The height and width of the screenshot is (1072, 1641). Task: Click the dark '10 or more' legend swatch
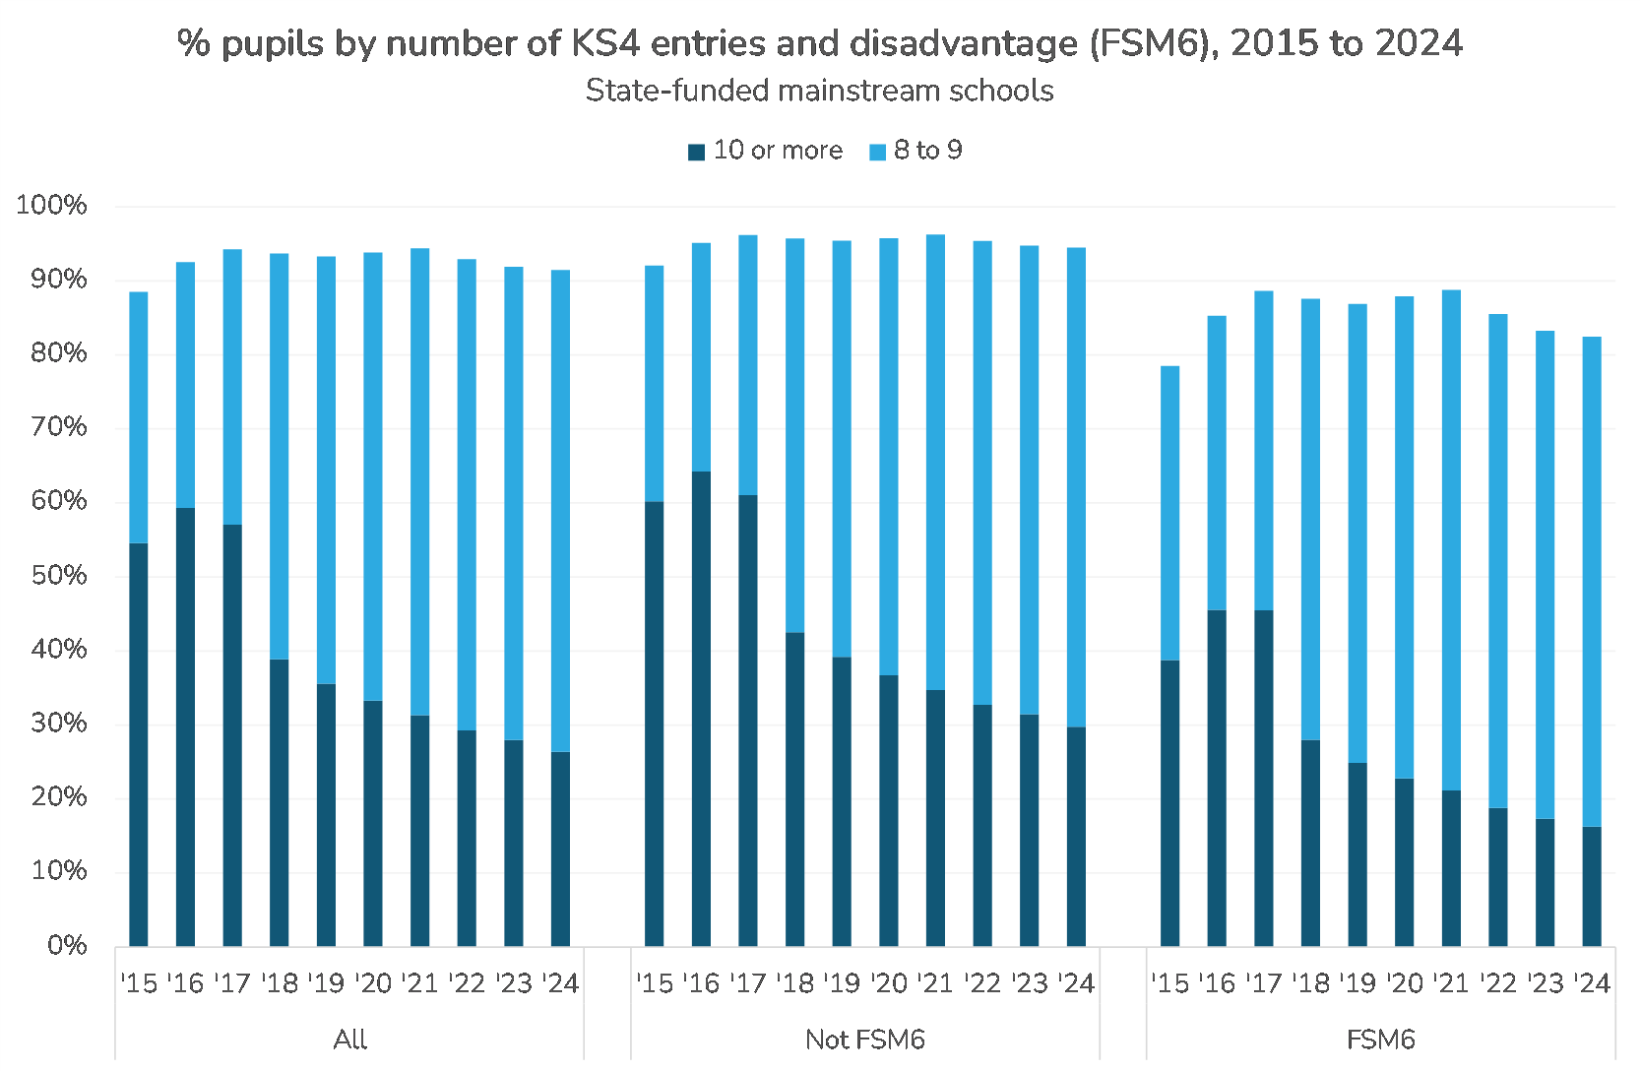tap(697, 152)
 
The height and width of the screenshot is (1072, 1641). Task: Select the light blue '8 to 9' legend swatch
tap(878, 152)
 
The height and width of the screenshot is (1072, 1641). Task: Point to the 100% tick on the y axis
tap(51, 206)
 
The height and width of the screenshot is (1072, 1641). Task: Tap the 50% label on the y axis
tap(58, 576)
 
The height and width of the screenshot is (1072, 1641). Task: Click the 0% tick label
tap(67, 946)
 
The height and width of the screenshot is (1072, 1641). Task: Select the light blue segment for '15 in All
tap(139, 417)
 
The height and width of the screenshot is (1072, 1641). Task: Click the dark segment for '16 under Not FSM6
tap(701, 709)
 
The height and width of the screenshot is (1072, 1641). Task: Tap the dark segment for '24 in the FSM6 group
tap(1592, 886)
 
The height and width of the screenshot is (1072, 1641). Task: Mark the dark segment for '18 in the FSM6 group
tap(1310, 843)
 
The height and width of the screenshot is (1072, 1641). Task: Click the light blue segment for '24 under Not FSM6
tap(1077, 487)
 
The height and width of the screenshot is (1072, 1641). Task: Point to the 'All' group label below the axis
tap(350, 1040)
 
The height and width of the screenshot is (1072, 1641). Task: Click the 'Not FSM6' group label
tap(865, 1040)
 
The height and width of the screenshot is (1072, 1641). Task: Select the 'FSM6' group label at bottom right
tap(1380, 1040)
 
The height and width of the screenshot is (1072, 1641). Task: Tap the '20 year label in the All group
tap(373, 983)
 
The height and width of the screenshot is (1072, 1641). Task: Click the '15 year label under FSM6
tap(1170, 983)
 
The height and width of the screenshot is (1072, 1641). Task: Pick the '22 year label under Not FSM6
tap(982, 983)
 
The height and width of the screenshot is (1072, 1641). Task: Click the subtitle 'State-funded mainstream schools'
tap(819, 91)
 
